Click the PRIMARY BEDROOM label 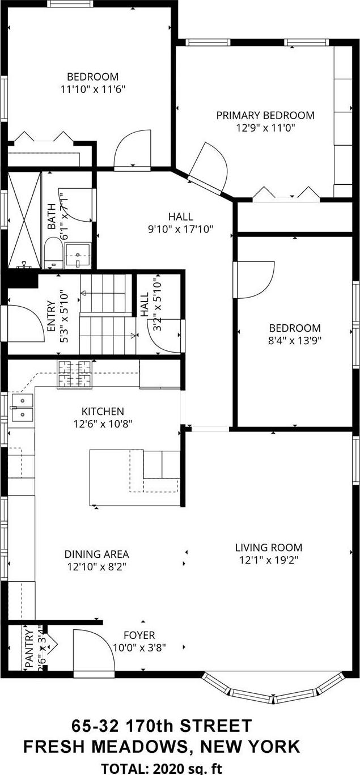(265, 115)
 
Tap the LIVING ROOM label (268, 548)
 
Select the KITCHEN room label (103, 411)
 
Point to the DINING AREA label (96, 554)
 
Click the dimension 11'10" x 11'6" (92, 89)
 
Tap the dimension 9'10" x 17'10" (180, 229)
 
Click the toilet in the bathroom (53, 252)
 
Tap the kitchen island (135, 476)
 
